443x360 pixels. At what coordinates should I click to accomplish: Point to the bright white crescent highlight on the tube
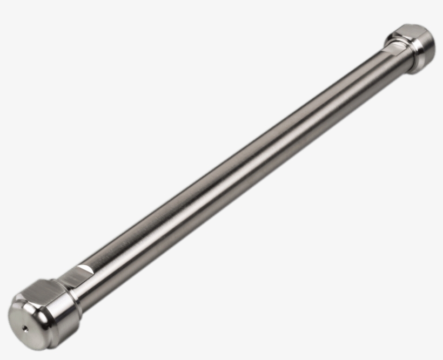(84, 268)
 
